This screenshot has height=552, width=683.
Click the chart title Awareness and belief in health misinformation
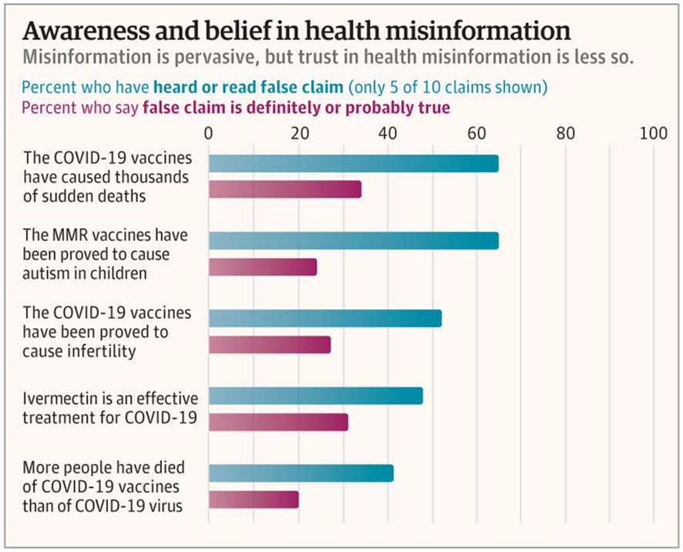[x=297, y=31]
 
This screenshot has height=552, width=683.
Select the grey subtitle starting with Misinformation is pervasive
[x=328, y=58]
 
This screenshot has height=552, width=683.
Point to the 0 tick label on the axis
[x=209, y=132]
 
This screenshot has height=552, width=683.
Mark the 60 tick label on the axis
[x=476, y=132]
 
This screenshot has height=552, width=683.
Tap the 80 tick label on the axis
[x=566, y=132]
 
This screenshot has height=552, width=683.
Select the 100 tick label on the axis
[x=654, y=132]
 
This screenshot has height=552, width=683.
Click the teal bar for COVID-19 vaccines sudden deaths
[x=353, y=164]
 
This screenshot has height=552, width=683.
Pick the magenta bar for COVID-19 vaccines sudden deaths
[x=284, y=189]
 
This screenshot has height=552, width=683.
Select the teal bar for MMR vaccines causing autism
[x=353, y=240]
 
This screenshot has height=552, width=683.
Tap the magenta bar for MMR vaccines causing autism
[x=262, y=267]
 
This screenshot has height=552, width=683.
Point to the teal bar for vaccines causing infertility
[x=325, y=318]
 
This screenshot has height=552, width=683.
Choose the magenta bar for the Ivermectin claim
[x=278, y=422]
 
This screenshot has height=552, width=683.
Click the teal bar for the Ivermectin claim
[x=315, y=396]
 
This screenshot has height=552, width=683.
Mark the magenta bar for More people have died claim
[x=253, y=500]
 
